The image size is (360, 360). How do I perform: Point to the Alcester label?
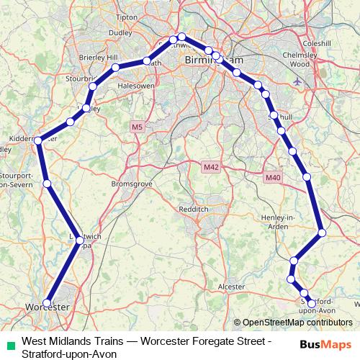pyautogui.click(x=231, y=286)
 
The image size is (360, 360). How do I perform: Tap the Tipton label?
pyautogui.click(x=125, y=17)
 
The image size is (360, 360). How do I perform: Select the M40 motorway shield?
pyautogui.click(x=272, y=177)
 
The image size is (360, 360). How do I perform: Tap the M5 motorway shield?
pyautogui.click(x=137, y=127)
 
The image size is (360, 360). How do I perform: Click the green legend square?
pyautogui.click(x=9, y=344)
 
